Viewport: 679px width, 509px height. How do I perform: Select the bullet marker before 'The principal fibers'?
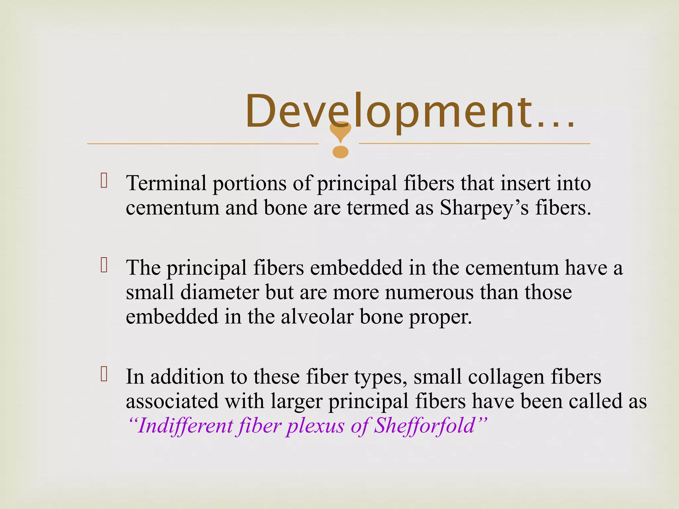(x=104, y=265)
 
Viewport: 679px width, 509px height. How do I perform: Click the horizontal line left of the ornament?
(x=202, y=144)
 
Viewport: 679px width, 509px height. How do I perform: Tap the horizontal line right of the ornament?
(x=474, y=143)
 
